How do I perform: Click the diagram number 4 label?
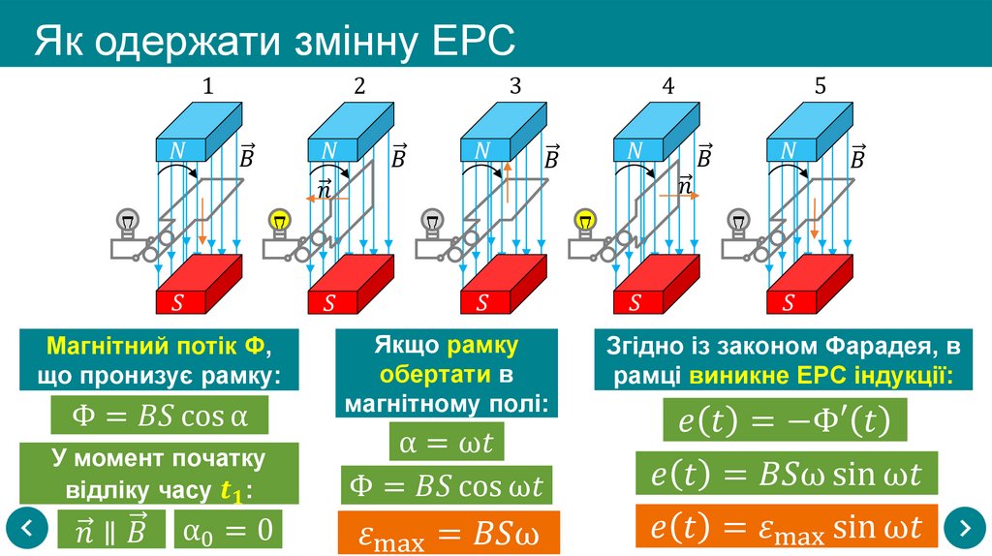[667, 86]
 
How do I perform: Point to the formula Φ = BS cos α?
[160, 417]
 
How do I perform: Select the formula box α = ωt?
[447, 443]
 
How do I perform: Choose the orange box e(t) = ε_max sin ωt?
[787, 528]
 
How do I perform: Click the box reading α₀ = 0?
[229, 530]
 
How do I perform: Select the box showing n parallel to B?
[111, 530]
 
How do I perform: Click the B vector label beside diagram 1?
[248, 155]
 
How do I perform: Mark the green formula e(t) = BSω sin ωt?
[787, 475]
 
